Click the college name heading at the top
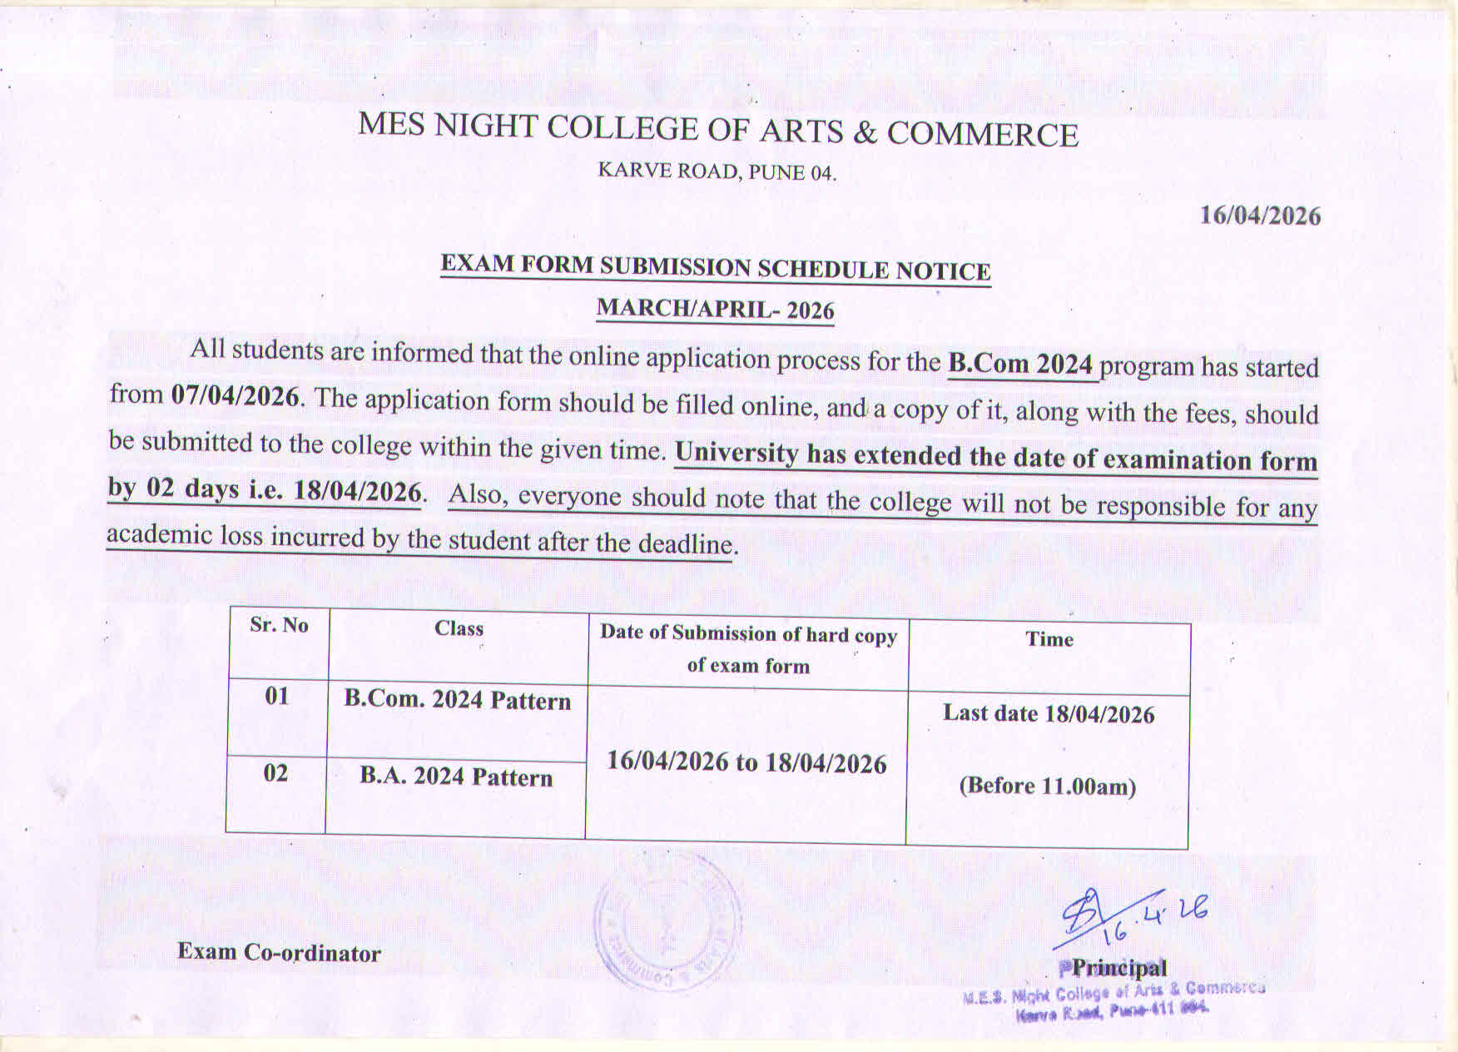pyautogui.click(x=717, y=129)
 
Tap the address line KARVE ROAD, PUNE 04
pyautogui.click(x=717, y=171)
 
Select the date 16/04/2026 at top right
pyautogui.click(x=1259, y=216)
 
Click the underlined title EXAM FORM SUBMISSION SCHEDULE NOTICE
pyautogui.click(x=715, y=267)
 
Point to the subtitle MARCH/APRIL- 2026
pyautogui.click(x=715, y=309)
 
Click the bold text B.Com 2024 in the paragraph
pyautogui.click(x=1020, y=364)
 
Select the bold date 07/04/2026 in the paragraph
pyautogui.click(x=235, y=395)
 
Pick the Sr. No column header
pyautogui.click(x=279, y=625)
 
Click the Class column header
pyautogui.click(x=459, y=628)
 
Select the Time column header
pyautogui.click(x=1049, y=639)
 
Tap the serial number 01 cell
pyautogui.click(x=276, y=695)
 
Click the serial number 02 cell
pyautogui.click(x=275, y=773)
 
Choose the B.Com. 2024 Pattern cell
pyautogui.click(x=458, y=700)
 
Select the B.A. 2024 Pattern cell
pyautogui.click(x=456, y=777)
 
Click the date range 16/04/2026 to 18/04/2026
pyautogui.click(x=746, y=762)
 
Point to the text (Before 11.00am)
pyautogui.click(x=1047, y=787)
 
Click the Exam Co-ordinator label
pyautogui.click(x=279, y=952)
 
